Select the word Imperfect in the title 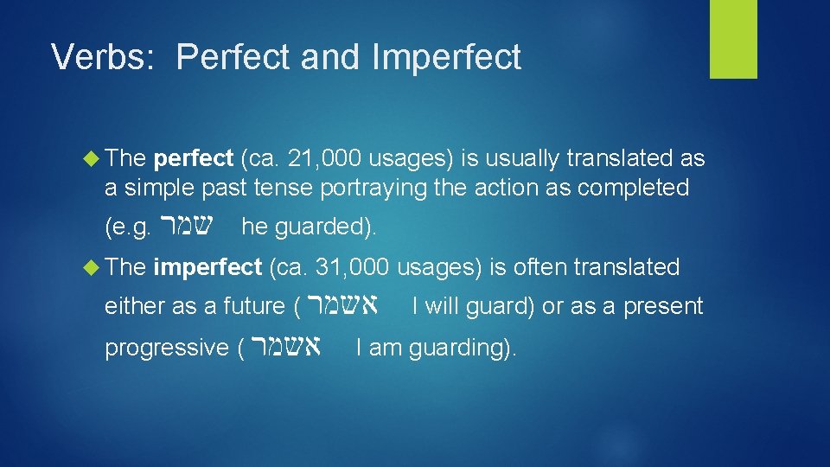(x=447, y=57)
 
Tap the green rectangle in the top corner (x=733, y=39)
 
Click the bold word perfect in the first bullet (x=193, y=158)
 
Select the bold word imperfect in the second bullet (x=207, y=267)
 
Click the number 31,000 (x=354, y=267)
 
